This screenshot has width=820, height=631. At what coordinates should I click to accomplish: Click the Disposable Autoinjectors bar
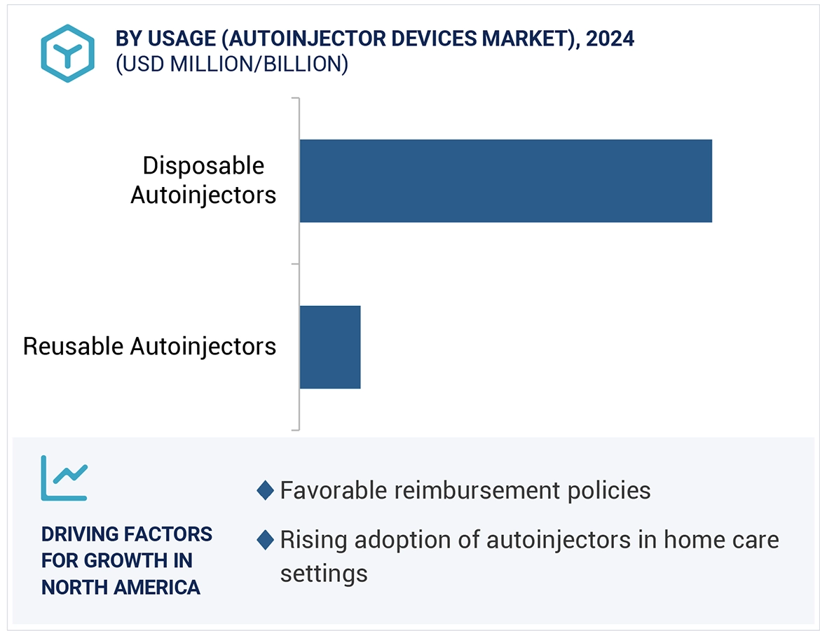pyautogui.click(x=505, y=181)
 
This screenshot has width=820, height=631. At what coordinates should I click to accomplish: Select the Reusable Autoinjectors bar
pyautogui.click(x=329, y=347)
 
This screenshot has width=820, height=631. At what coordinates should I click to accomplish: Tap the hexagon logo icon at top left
pyautogui.click(x=67, y=53)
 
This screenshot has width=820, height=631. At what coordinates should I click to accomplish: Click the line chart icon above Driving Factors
pyautogui.click(x=64, y=478)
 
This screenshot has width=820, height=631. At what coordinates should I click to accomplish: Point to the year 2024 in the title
pyautogui.click(x=610, y=39)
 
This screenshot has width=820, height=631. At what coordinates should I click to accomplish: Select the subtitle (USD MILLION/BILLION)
pyautogui.click(x=231, y=64)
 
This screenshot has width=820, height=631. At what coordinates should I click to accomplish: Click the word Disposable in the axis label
pyautogui.click(x=203, y=166)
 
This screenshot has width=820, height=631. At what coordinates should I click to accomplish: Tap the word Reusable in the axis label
pyautogui.click(x=74, y=346)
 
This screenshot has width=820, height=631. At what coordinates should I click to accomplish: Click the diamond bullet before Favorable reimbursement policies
pyautogui.click(x=265, y=490)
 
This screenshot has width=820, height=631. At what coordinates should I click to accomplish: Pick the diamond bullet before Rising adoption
pyautogui.click(x=265, y=540)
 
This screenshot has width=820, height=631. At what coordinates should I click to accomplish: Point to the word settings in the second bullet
pyautogui.click(x=323, y=574)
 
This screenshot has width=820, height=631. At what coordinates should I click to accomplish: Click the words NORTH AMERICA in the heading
pyautogui.click(x=121, y=587)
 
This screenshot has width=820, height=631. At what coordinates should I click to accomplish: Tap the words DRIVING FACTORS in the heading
pyautogui.click(x=126, y=534)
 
